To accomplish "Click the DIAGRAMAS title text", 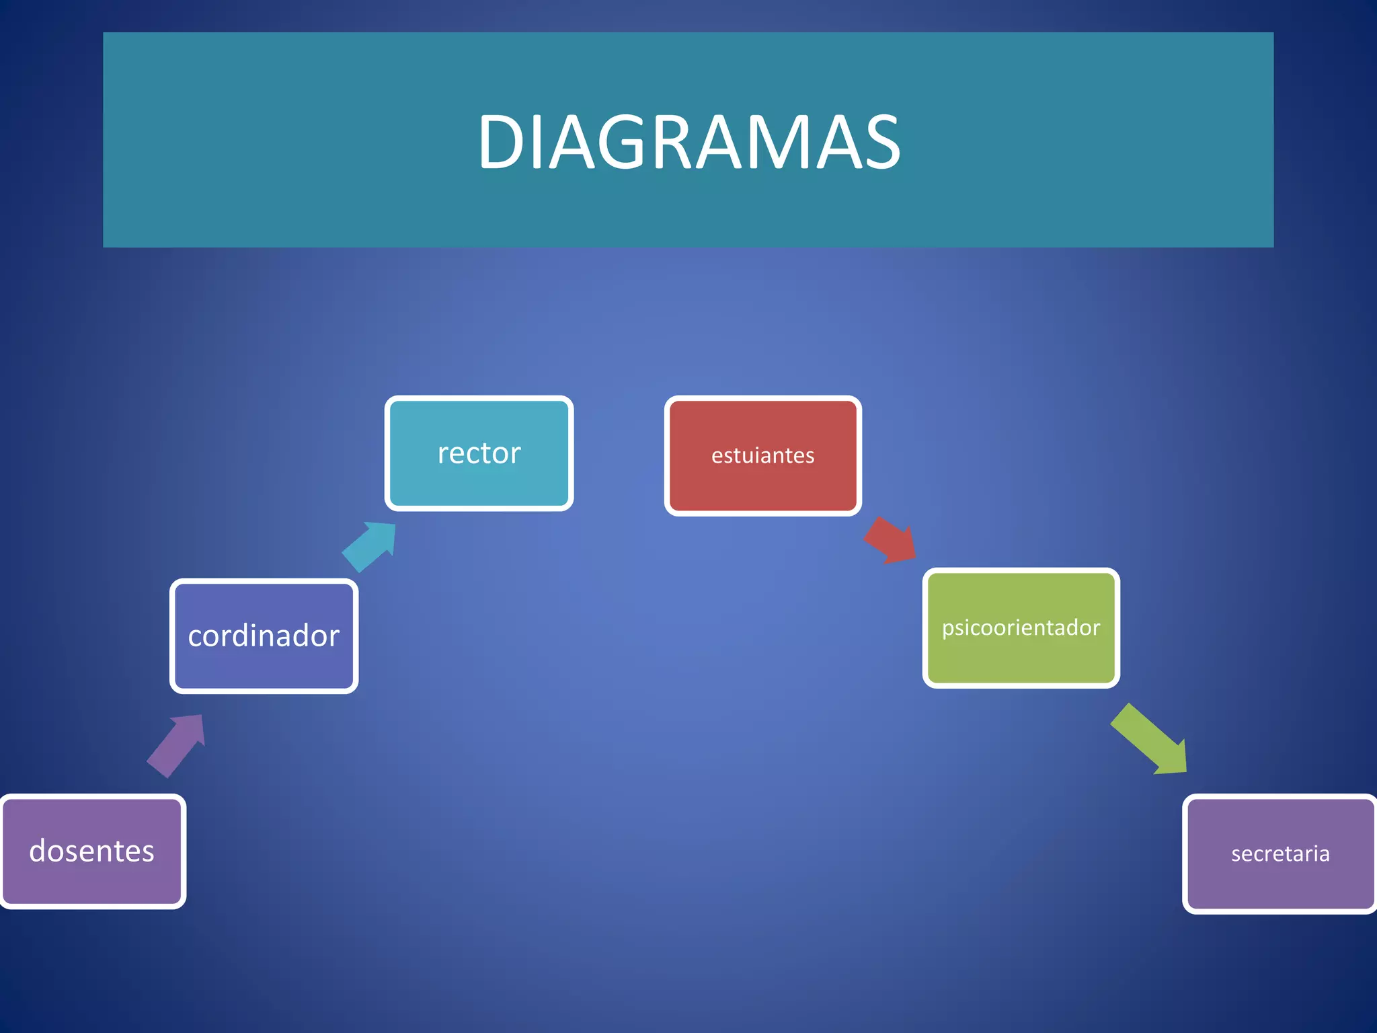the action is [x=688, y=142].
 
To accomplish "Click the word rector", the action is [x=479, y=453].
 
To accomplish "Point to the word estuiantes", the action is [x=762, y=455].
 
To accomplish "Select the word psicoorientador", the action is [x=1021, y=627].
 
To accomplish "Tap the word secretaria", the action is [x=1280, y=853].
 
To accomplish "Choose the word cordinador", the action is [x=264, y=636].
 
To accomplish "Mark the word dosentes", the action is [x=92, y=851].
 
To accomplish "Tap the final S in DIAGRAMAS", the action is [x=879, y=142].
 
